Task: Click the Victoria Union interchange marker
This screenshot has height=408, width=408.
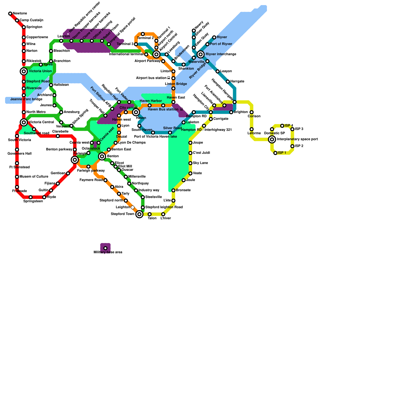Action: click(24, 71)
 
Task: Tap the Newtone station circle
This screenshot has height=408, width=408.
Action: click(10, 14)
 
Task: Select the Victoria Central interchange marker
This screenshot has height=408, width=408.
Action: click(24, 122)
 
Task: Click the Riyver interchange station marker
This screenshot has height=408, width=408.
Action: click(201, 54)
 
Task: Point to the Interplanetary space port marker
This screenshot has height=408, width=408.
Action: click(272, 139)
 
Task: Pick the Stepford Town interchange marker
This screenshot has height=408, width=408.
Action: click(139, 214)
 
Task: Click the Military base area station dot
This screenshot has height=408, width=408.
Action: click(105, 248)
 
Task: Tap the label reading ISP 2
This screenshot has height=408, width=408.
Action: click(299, 146)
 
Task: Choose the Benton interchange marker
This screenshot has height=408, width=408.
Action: click(102, 156)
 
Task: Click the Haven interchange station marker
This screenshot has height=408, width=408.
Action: click(136, 112)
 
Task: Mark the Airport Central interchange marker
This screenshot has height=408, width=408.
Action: click(156, 54)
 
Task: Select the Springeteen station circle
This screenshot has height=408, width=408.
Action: click(31, 197)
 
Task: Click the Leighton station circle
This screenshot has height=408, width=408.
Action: click(133, 207)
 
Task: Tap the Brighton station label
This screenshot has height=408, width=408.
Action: click(241, 112)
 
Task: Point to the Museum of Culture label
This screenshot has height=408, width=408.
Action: click(34, 177)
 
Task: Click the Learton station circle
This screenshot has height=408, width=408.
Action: click(61, 41)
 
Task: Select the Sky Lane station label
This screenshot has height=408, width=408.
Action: click(200, 163)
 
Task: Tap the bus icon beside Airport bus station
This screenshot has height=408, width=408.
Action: click(169, 78)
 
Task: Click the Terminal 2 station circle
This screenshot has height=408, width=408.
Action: click(143, 34)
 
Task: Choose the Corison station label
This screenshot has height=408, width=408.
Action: click(254, 116)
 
